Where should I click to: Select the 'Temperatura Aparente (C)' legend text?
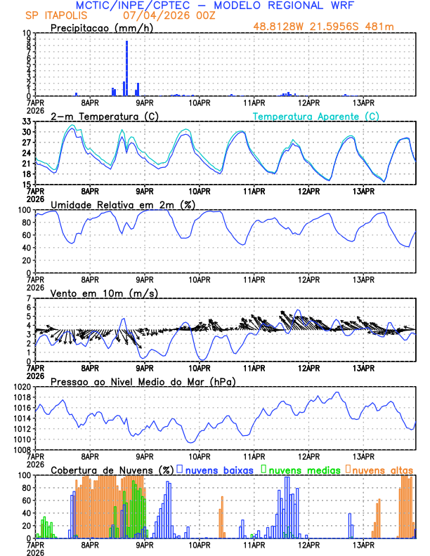[315, 116]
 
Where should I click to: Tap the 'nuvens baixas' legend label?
[219, 470]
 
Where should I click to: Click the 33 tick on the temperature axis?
[26, 121]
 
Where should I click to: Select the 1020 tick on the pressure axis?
[21, 387]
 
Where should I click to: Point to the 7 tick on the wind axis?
[29, 298]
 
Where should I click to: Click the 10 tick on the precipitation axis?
[26, 33]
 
